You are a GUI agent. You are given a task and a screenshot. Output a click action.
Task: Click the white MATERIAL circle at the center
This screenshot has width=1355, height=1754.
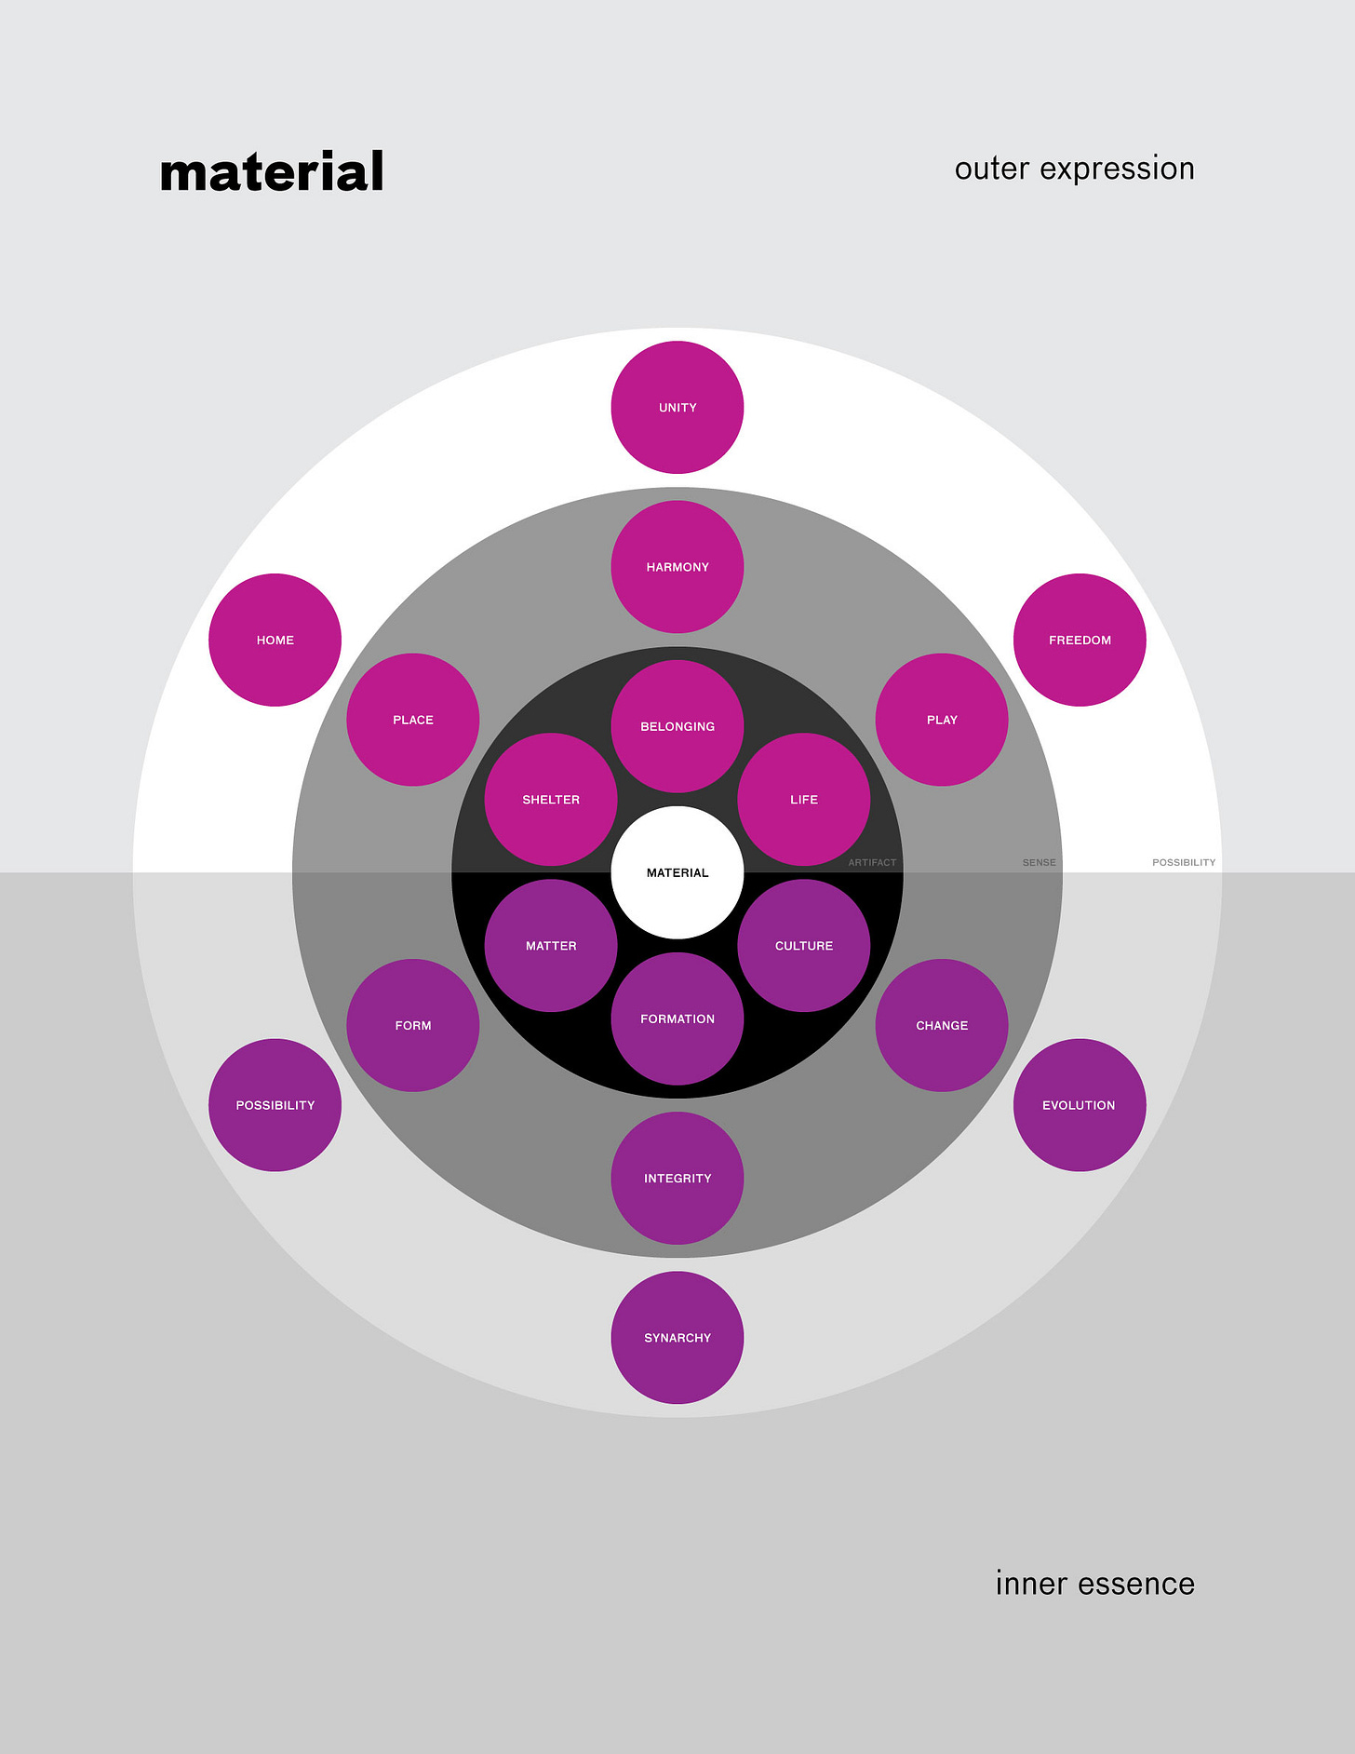point(677,872)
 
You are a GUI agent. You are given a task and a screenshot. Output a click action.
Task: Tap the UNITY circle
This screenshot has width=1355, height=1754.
point(677,408)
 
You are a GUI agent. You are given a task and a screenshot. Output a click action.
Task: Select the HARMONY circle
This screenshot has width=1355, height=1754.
point(677,567)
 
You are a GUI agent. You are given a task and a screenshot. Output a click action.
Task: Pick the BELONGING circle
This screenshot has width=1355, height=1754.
point(677,726)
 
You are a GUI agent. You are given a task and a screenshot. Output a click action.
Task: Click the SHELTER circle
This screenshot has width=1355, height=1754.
point(551,800)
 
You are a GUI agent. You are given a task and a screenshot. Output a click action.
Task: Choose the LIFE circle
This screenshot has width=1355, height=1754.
point(804,800)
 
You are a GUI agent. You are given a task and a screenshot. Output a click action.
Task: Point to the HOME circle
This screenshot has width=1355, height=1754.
point(275,640)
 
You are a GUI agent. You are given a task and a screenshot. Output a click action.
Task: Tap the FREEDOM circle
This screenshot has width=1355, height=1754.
point(1080,640)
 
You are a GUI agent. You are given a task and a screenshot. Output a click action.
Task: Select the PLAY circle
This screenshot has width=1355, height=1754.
point(942,720)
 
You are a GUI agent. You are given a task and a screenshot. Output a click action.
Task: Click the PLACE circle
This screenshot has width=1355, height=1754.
point(413,720)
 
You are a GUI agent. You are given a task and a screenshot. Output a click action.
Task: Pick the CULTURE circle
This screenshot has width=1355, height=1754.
point(804,946)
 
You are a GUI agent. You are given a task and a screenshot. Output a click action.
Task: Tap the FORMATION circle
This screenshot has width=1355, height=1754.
point(677,1019)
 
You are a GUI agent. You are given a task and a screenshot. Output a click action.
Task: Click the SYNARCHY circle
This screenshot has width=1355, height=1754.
point(677,1338)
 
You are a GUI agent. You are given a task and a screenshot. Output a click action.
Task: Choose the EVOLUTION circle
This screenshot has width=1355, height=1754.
point(1080,1105)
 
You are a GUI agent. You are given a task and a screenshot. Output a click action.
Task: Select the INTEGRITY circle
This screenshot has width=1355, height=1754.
point(677,1179)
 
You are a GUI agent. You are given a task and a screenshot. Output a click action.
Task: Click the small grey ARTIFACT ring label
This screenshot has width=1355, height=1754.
point(872,863)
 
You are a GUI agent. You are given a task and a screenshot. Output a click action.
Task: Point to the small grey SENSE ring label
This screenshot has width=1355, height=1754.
point(1039,863)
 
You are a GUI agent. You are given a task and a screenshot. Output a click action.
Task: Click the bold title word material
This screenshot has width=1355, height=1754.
point(272,172)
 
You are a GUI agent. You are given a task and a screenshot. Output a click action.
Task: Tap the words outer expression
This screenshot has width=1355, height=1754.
point(1074,169)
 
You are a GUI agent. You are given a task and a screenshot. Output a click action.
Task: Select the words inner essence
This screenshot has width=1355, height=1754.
point(1094,1584)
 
